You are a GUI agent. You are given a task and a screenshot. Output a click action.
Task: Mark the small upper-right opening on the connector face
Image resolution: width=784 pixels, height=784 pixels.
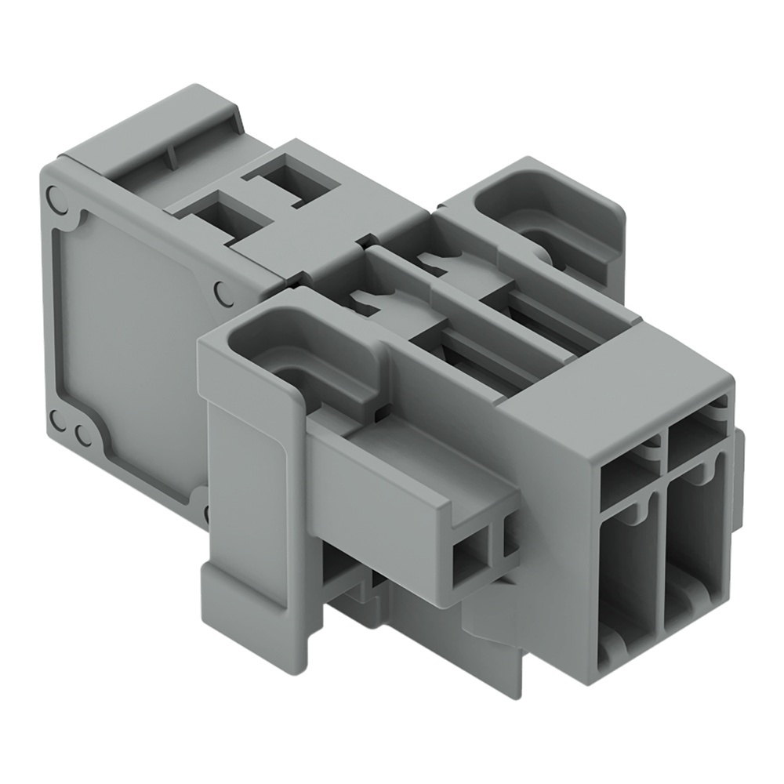693,439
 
